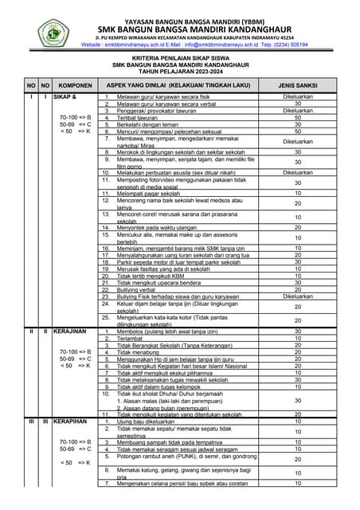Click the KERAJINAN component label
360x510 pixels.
click(70, 331)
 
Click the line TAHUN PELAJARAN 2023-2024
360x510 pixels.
click(178, 69)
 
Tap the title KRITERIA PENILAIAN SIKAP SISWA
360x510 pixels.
click(178, 57)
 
